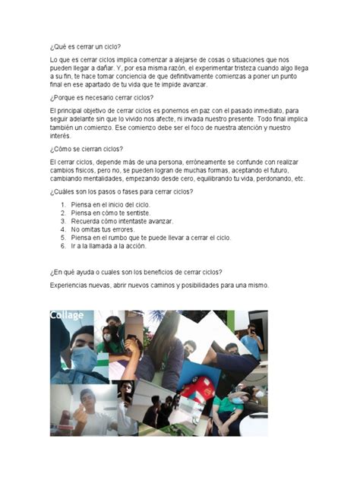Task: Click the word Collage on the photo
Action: coord(67,315)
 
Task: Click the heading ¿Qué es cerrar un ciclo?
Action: coord(84,46)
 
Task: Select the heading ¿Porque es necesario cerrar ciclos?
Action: coord(101,98)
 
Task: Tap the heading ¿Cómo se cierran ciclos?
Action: coord(86,149)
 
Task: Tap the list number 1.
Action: coord(63,204)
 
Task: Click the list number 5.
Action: coord(63,237)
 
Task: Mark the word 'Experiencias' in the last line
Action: coord(68,285)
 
